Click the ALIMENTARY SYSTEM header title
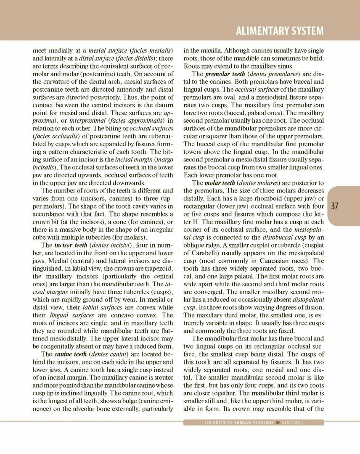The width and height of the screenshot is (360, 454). click(x=280, y=31)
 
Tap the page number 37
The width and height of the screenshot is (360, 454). click(x=335, y=206)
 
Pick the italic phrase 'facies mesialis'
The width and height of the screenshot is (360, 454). click(x=151, y=50)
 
